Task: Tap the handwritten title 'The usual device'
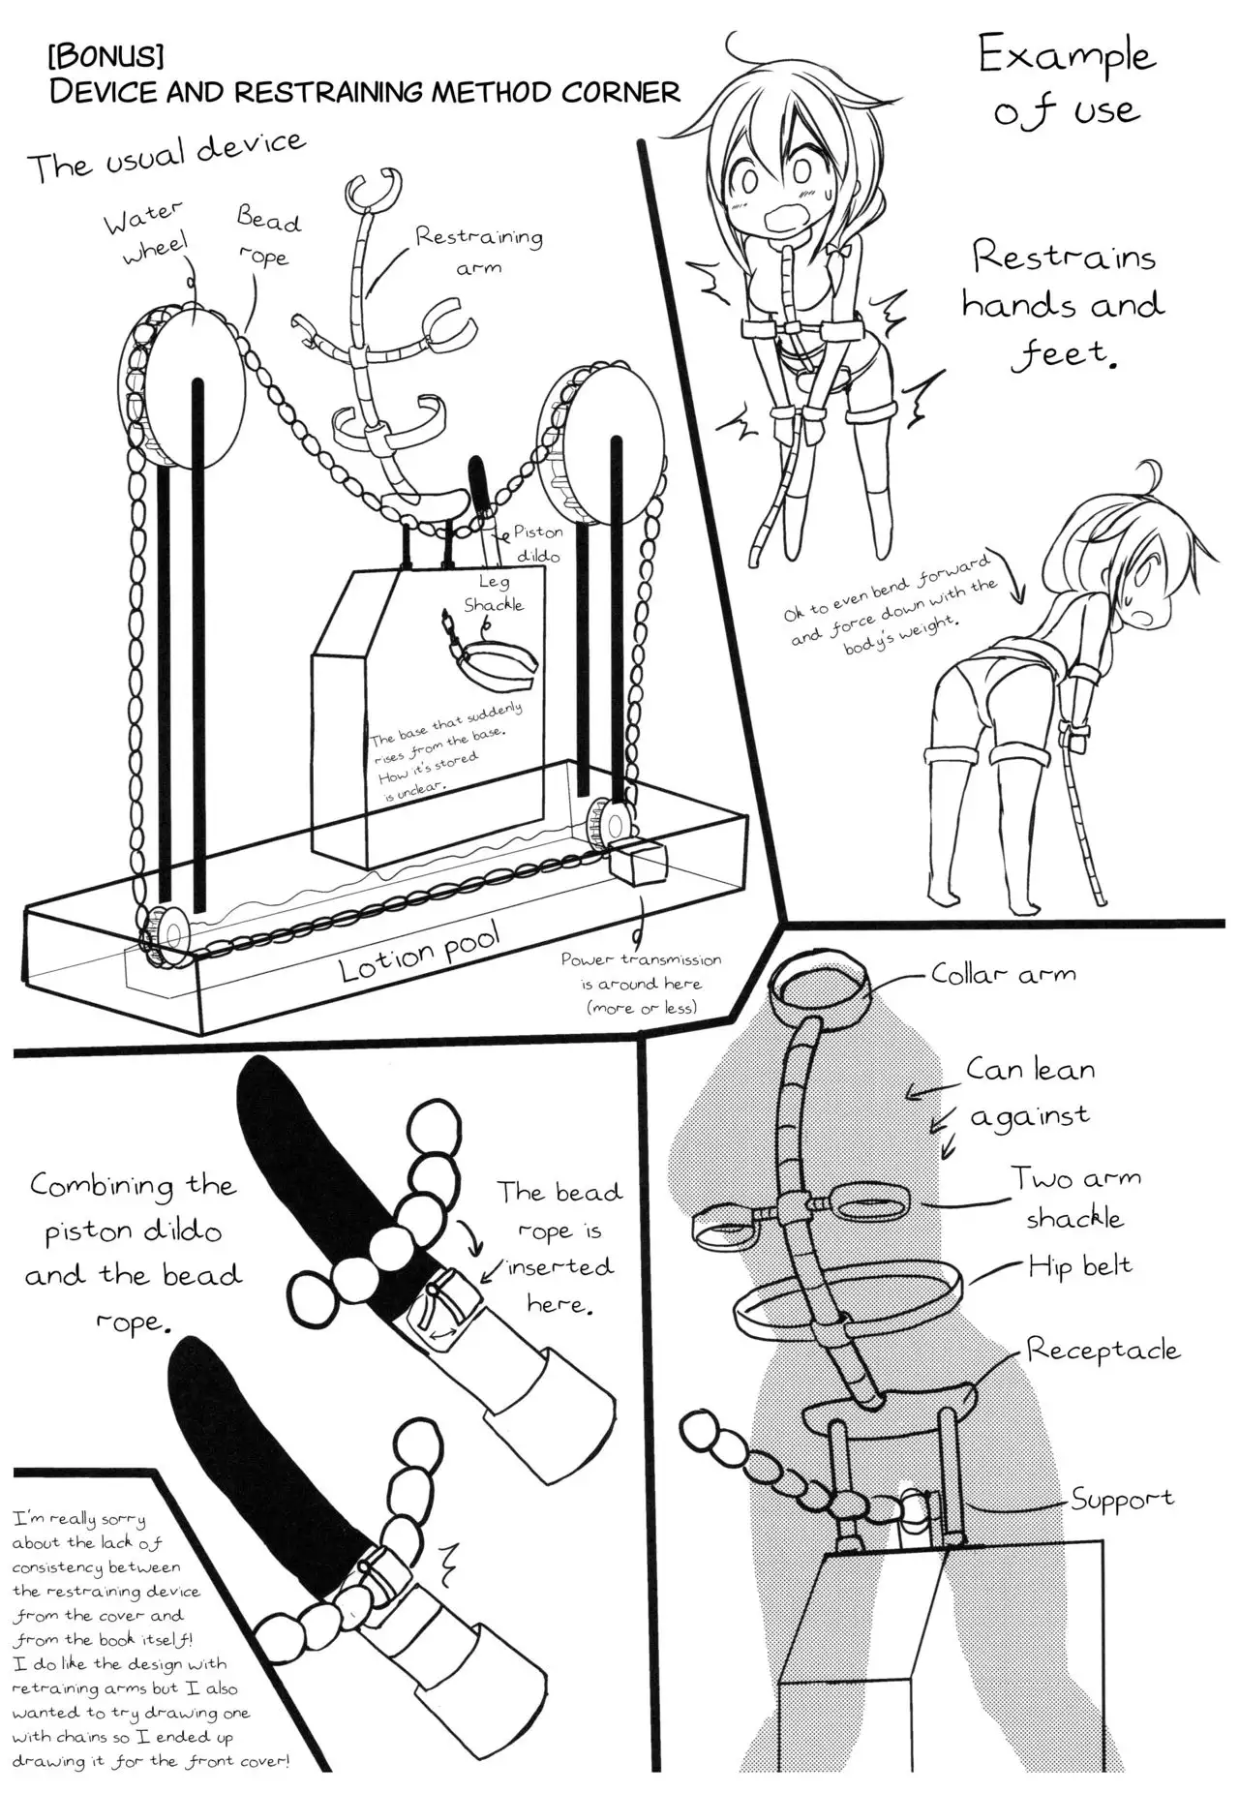(166, 157)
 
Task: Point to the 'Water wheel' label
(145, 231)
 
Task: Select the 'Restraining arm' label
(479, 250)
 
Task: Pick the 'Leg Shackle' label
(494, 593)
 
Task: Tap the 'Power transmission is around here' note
(641, 983)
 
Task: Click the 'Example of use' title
(1066, 81)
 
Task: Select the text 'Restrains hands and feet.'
(1064, 305)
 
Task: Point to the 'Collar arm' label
(1003, 974)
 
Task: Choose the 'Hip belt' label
(1079, 1265)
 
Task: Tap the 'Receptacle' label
(1103, 1350)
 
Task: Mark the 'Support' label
(1122, 1500)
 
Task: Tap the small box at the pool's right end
(638, 861)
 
